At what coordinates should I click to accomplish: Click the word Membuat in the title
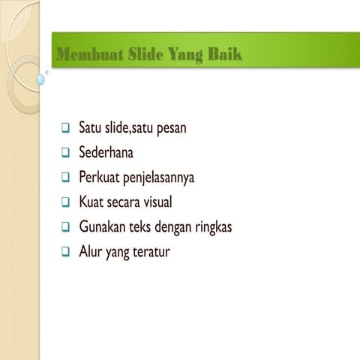pos(85,54)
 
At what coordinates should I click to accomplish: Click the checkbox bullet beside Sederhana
pos(65,153)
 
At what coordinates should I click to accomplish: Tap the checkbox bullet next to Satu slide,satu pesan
pos(65,129)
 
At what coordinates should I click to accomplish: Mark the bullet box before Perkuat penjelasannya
pos(65,178)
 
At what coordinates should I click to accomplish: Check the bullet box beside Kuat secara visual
pos(65,202)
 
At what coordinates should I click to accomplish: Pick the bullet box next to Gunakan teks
pos(65,226)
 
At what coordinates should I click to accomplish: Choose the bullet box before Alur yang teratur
pos(65,251)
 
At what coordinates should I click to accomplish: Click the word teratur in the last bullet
pos(150,251)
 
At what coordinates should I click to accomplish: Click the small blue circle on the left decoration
pos(40,79)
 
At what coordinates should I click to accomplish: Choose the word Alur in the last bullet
pos(90,251)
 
